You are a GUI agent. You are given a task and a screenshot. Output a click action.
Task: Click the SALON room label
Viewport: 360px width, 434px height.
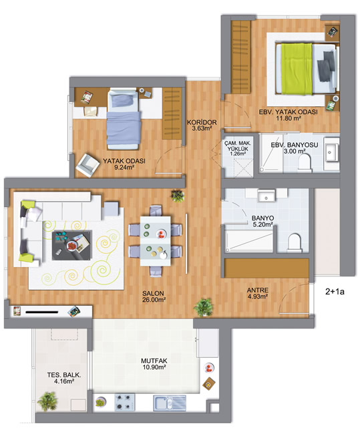[153, 293]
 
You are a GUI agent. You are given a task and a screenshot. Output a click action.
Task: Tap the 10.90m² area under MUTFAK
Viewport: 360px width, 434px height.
[154, 367]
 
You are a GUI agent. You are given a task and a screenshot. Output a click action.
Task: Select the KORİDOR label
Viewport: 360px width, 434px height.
[202, 122]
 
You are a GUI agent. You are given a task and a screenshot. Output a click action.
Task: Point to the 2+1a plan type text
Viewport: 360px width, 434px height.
[335, 292]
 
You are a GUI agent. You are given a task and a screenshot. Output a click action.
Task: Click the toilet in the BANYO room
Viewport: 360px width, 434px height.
[294, 243]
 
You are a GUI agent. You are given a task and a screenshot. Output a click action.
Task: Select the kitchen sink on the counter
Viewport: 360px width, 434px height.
[170, 403]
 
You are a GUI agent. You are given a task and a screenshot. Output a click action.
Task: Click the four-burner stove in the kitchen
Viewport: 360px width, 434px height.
[125, 402]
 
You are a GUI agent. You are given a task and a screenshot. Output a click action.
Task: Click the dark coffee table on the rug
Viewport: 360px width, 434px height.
[72, 245]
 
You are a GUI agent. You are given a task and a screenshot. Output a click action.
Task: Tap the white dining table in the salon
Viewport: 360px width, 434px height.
[155, 241]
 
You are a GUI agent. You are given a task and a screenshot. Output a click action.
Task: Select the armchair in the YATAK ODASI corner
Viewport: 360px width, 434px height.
[87, 165]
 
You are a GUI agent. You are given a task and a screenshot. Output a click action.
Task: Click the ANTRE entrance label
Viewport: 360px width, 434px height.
[258, 290]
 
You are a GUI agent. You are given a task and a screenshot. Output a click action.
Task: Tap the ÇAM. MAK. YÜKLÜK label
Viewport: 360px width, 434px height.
[238, 146]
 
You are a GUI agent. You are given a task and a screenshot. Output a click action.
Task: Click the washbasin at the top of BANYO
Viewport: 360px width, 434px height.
[266, 196]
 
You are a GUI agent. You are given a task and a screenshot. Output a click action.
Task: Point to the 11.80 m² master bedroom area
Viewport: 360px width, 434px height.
[289, 118]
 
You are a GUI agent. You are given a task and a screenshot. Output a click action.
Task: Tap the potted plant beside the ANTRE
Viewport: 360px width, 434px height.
[204, 307]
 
